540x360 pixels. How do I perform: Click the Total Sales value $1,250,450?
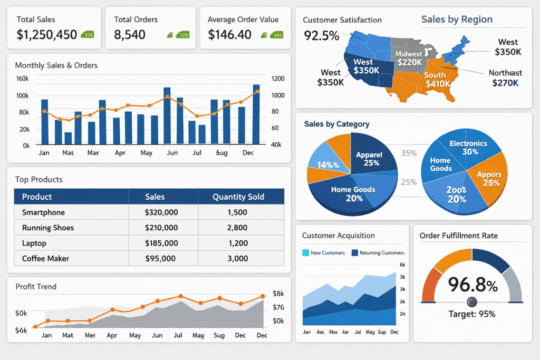[x=47, y=35]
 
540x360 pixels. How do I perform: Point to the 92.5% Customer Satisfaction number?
[x=322, y=36]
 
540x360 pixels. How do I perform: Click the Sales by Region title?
[x=457, y=20]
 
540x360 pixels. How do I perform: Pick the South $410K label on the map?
[x=437, y=80]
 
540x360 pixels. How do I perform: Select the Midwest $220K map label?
[x=409, y=58]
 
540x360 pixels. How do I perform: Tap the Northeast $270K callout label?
[x=505, y=78]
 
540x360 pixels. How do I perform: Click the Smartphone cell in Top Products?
[x=43, y=212]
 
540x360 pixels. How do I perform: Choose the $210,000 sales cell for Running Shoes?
[x=161, y=228]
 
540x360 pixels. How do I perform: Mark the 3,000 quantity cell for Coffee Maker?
[x=237, y=258]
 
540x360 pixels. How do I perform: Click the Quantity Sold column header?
[x=238, y=197]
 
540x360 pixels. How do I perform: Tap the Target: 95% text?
[x=472, y=314]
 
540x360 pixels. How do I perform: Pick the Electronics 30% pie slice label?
[x=468, y=148]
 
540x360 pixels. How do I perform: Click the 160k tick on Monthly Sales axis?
[x=23, y=79]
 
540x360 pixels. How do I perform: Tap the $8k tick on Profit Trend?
[x=278, y=294]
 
